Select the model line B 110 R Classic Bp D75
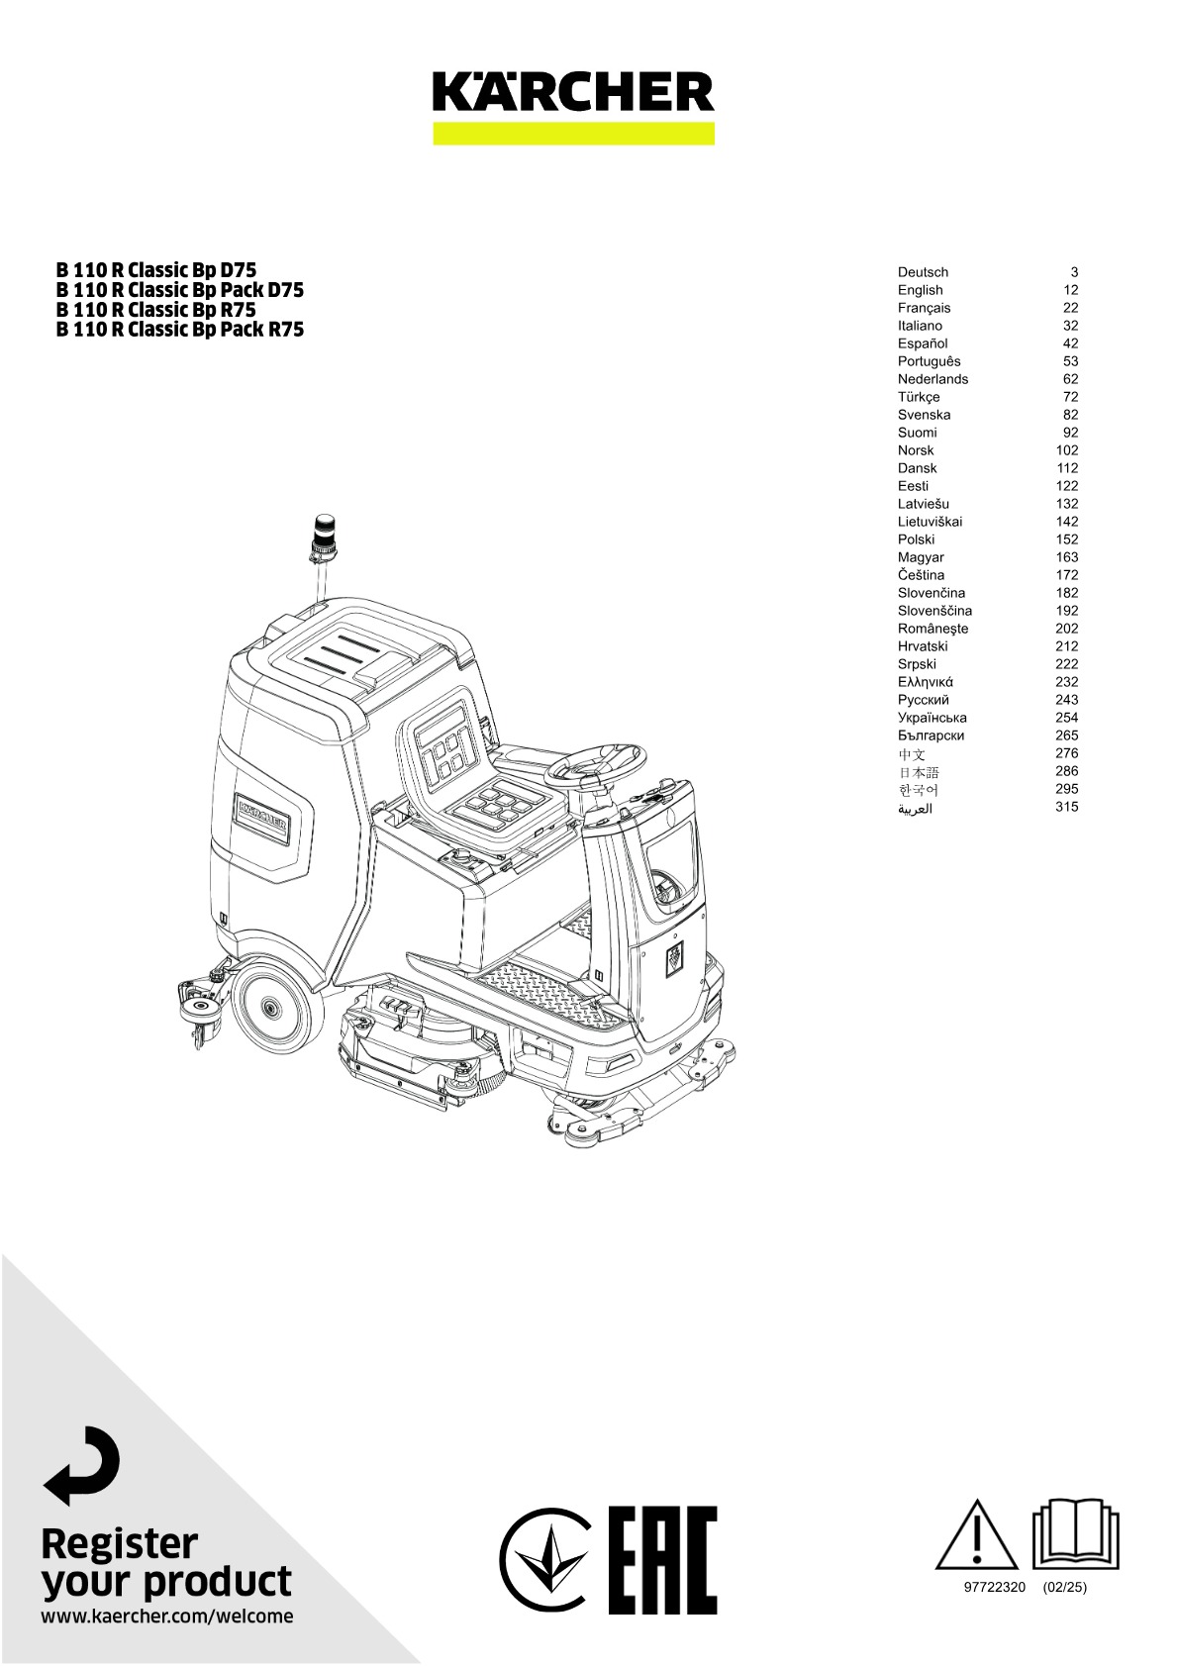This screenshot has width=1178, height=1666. coord(156,270)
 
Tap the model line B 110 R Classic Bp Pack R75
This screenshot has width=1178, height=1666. coord(180,330)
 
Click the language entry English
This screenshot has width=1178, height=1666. coord(920,290)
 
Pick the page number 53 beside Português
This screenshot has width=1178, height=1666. coord(1070,361)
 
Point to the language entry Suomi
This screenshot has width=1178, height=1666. coord(917,433)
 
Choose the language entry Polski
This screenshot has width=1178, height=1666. coord(916,539)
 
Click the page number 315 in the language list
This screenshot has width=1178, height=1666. coord(1066,806)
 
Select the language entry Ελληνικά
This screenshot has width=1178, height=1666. coord(926,682)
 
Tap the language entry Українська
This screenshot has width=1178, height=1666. coord(932,718)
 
